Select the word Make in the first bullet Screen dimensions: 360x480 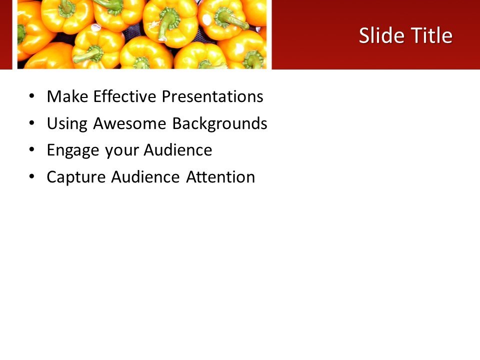point(66,96)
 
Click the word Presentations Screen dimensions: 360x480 point(212,96)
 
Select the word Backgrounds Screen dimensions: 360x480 point(219,123)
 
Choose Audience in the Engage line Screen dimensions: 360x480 point(178,150)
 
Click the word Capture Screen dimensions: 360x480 point(76,177)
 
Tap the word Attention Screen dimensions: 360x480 point(220,177)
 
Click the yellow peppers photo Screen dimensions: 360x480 point(142,34)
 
